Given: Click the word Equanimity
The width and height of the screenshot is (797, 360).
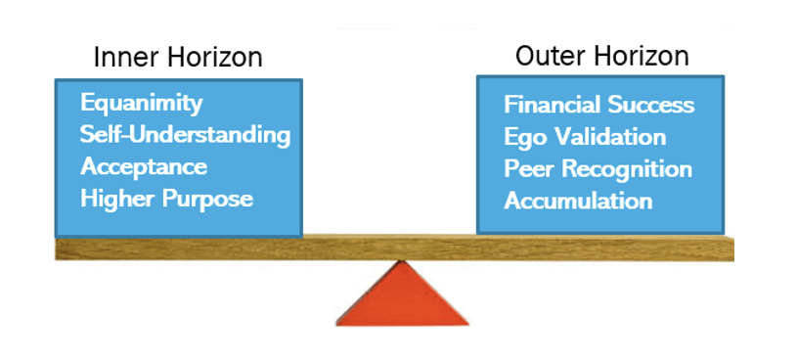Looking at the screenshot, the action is [141, 105].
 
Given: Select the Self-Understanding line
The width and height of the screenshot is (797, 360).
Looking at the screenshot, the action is [186, 135].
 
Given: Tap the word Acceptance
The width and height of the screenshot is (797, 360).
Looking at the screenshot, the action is [144, 167].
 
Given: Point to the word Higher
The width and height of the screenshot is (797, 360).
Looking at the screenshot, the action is [117, 199].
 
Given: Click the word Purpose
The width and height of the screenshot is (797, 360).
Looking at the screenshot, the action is [207, 200].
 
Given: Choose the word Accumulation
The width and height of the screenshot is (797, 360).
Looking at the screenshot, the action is [578, 202].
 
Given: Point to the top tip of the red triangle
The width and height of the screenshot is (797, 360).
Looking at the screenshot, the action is [402, 261].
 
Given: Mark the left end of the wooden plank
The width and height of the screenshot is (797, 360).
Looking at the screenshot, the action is [56, 249].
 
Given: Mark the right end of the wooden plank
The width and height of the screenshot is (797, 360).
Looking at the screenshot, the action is [733, 249].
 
